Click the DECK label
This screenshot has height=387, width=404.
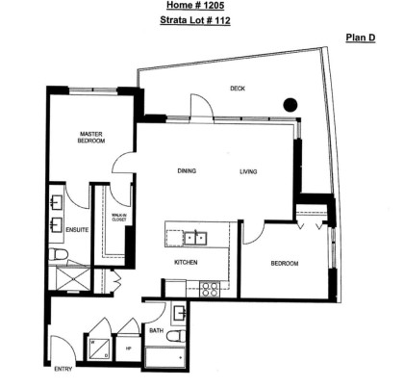pos(237,88)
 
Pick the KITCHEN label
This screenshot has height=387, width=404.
pos(186,261)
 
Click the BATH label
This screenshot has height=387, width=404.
pos(156,331)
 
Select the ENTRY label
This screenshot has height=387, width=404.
pos(63,370)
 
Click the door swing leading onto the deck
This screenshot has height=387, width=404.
pos(198,106)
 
